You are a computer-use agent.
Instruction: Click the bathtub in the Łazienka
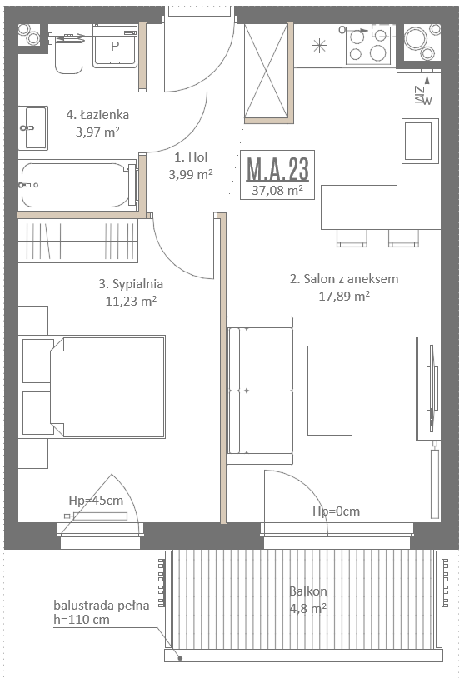tap(77, 185)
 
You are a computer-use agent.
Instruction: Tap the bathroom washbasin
tap(33, 128)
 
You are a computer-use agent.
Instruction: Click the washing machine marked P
tap(115, 47)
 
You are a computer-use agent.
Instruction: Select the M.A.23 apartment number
tap(277, 169)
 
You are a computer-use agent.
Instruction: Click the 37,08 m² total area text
tap(277, 190)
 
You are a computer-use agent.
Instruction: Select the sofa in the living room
tap(260, 391)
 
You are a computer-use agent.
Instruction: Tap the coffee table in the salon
tap(330, 391)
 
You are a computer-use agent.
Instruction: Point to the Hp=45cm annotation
tap(96, 501)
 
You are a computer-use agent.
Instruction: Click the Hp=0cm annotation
tap(337, 511)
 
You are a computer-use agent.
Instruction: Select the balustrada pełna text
tap(102, 606)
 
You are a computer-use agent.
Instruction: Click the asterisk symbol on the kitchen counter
tap(320, 46)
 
